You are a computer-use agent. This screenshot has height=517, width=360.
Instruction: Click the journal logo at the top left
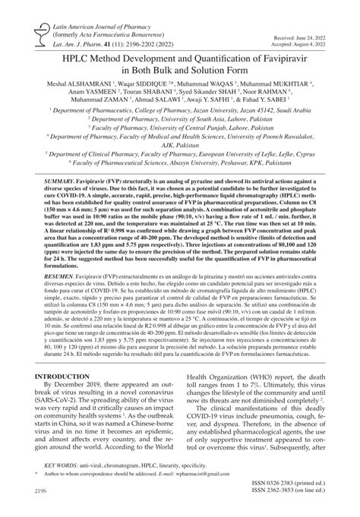[x=30, y=30]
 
